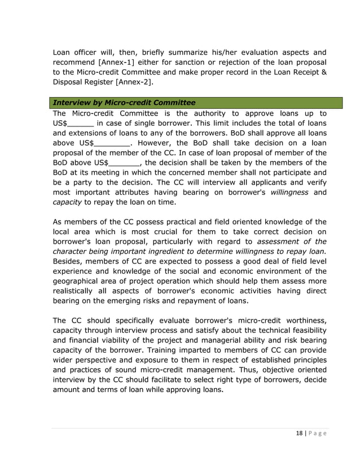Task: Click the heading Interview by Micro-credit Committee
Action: pyautogui.click(x=124, y=103)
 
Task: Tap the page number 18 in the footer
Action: pyautogui.click(x=300, y=433)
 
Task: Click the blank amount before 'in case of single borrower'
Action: pyautogui.click(x=80, y=123)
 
